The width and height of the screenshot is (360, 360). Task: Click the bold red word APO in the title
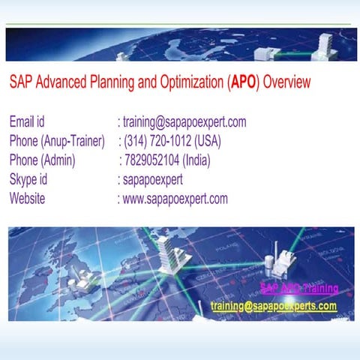tap(243, 82)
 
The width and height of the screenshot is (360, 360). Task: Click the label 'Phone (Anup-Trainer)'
tap(57, 141)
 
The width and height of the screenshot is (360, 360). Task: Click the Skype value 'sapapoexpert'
tap(153, 179)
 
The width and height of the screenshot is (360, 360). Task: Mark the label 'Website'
tap(27, 199)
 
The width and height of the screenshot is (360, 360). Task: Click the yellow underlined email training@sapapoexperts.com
tap(274, 306)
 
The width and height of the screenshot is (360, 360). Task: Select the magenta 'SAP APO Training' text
tap(298, 288)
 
